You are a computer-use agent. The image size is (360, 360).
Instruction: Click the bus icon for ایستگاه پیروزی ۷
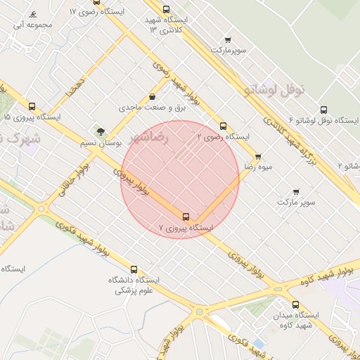tap(186, 217)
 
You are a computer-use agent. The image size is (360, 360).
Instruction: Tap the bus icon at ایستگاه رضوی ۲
tap(224, 126)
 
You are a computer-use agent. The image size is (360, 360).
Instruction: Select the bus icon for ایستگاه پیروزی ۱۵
tap(32, 106)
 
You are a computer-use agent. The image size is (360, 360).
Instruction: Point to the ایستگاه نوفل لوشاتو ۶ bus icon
tap(323, 110)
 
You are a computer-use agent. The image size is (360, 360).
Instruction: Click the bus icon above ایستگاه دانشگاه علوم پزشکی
tap(134, 269)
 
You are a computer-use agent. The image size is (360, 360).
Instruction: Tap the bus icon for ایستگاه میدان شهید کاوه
tap(295, 304)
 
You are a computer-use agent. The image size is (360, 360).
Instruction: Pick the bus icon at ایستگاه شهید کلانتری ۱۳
tap(166, 10)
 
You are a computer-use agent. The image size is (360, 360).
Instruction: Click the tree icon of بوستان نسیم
tap(101, 131)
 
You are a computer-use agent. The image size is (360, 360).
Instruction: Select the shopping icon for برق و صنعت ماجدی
tap(153, 97)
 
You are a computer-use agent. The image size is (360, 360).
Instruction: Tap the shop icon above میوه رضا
tap(258, 157)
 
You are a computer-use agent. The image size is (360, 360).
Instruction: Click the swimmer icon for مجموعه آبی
tap(33, 15)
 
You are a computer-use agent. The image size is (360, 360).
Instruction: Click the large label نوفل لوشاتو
tap(274, 89)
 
